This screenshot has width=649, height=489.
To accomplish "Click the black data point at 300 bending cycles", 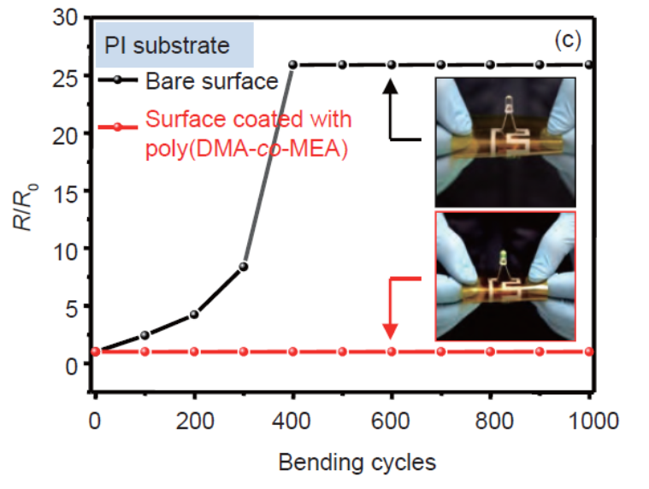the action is coord(244,267).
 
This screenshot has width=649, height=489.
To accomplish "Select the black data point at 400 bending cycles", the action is coord(292,64).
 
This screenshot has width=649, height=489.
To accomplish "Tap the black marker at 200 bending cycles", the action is coord(194,315).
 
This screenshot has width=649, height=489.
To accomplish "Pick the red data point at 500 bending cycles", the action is coord(342,351).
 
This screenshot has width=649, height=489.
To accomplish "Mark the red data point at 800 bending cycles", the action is coord(491,351).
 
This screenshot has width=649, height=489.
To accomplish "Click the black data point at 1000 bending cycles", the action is coord(589,64).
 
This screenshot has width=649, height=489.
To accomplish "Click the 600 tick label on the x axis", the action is coord(390,421).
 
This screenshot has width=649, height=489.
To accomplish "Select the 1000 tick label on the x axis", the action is coord(593,421).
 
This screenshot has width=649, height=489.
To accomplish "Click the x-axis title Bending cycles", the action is coord(357,462).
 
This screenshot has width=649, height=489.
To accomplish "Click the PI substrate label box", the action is coord(174,44).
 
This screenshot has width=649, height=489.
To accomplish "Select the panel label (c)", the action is coord(568,40).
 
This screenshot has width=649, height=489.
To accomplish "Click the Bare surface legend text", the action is coord(211,81).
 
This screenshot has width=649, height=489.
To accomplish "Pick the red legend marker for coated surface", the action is coord(117,127).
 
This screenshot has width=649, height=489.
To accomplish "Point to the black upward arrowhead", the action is coord(390,86).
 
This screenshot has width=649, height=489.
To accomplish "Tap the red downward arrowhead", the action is coord(390,332).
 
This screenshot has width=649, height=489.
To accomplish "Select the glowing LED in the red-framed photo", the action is coord(503,257).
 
